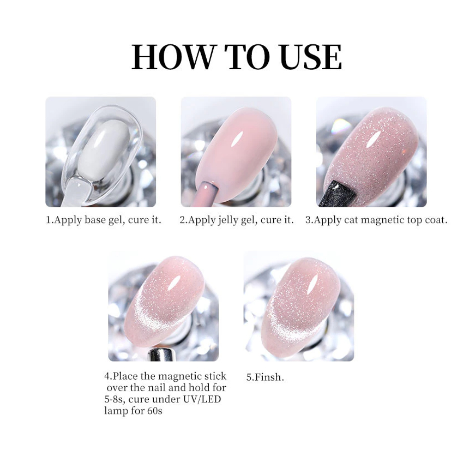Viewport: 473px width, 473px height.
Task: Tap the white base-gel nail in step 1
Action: (x=103, y=151)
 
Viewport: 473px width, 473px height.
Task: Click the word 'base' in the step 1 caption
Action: (x=95, y=220)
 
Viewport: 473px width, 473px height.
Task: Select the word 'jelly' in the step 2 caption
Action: (x=228, y=220)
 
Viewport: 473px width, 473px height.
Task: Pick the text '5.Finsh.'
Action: (x=265, y=377)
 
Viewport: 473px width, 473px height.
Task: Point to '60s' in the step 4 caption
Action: (x=155, y=410)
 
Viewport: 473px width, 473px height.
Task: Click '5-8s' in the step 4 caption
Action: (x=114, y=399)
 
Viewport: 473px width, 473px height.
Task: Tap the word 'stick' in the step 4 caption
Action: (x=214, y=376)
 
